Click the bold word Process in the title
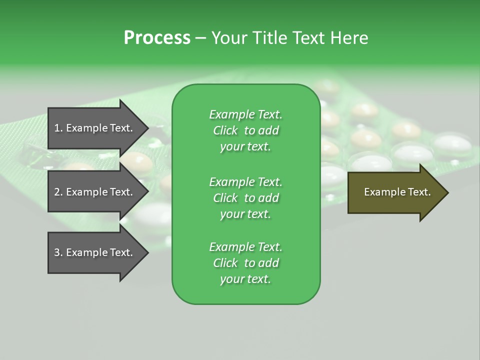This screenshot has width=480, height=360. (157, 38)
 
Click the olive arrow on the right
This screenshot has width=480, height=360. (395, 192)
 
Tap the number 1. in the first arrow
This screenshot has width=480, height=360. (58, 128)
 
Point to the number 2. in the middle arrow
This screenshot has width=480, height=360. (58, 192)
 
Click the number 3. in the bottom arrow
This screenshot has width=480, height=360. (58, 252)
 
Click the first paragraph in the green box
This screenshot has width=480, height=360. (245, 130)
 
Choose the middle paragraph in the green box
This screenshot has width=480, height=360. (245, 198)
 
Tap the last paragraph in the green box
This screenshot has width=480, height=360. (245, 263)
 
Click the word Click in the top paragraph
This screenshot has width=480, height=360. (225, 130)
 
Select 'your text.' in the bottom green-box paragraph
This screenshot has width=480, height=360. (245, 279)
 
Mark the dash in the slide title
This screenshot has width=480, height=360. (200, 38)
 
